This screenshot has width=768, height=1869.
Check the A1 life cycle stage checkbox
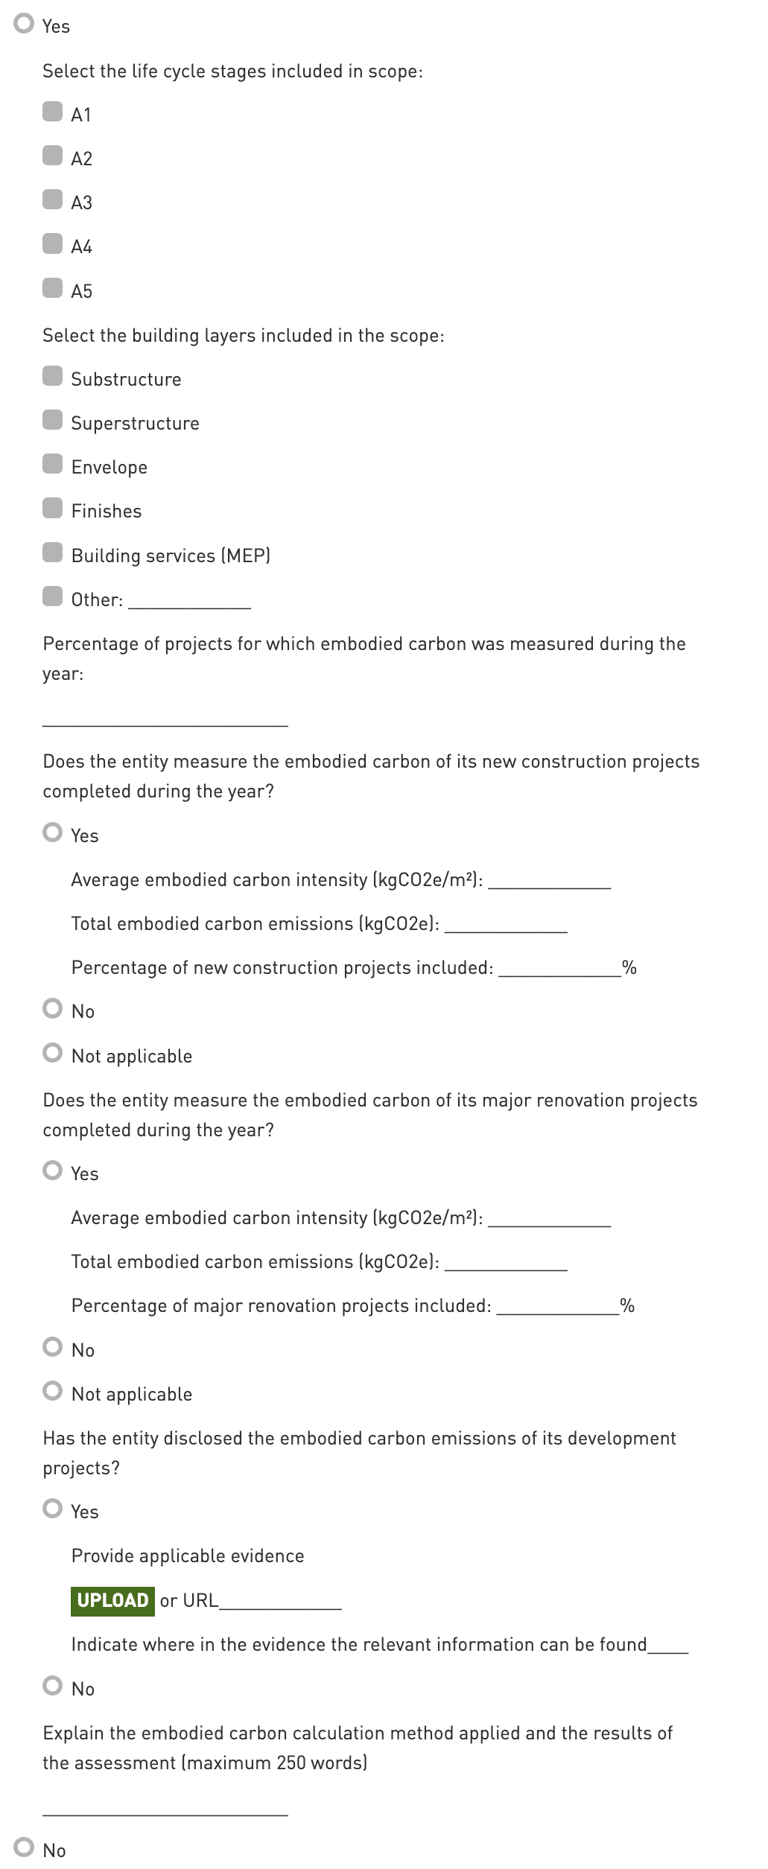click(x=52, y=112)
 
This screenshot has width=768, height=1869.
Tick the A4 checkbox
click(x=52, y=244)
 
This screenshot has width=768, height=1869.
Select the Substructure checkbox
click(x=52, y=377)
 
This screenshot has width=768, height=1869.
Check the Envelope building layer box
click(x=52, y=465)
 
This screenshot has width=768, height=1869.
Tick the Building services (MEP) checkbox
click(x=52, y=553)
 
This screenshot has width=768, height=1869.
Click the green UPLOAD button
click(x=112, y=1600)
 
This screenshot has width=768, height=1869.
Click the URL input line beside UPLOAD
click(x=280, y=1602)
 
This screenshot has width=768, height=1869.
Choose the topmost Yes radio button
click(x=24, y=24)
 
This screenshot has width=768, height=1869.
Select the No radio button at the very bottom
click(x=24, y=1847)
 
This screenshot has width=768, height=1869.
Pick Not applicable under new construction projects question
click(x=52, y=1053)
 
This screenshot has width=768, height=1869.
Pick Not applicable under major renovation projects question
click(x=52, y=1391)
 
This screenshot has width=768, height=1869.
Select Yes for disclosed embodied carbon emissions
click(x=52, y=1509)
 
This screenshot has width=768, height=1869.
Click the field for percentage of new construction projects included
click(x=559, y=968)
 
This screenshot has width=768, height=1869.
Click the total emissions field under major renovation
click(x=506, y=1263)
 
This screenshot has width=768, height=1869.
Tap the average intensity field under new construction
click(x=549, y=880)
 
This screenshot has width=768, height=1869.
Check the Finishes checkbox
click(x=52, y=509)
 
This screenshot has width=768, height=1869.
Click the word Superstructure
click(x=135, y=424)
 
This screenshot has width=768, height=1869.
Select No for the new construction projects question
click(x=52, y=1009)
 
